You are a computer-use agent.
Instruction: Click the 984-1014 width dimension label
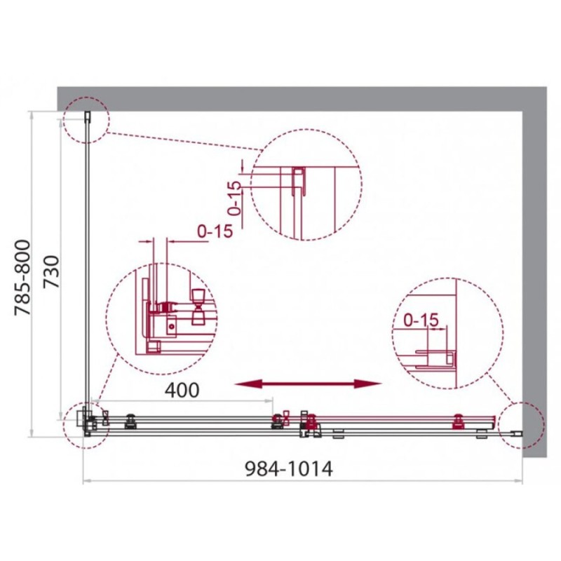tap(289, 468)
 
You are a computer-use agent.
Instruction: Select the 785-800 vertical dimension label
tap(22, 278)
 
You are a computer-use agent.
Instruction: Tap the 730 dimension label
tap(51, 271)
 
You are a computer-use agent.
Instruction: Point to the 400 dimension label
tap(182, 390)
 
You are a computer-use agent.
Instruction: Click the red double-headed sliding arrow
tap(308, 384)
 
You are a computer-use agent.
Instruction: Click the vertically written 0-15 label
tap(235, 198)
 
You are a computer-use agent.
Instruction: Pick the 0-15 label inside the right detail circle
tap(421, 320)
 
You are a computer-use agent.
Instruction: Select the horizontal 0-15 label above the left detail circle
tap(215, 231)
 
